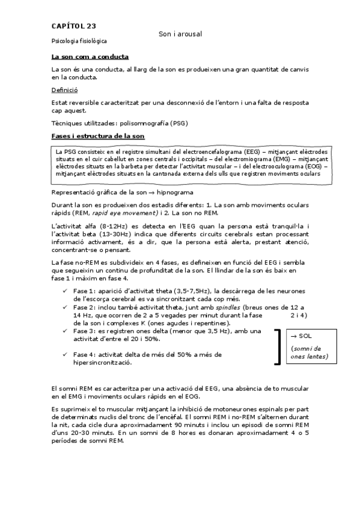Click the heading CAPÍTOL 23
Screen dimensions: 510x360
tap(73, 26)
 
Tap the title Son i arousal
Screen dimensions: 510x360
tap(180, 34)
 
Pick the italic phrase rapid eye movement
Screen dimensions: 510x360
tap(125, 213)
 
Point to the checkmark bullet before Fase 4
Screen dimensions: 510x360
tap(65, 355)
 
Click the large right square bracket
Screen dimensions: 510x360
tap(278, 346)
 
